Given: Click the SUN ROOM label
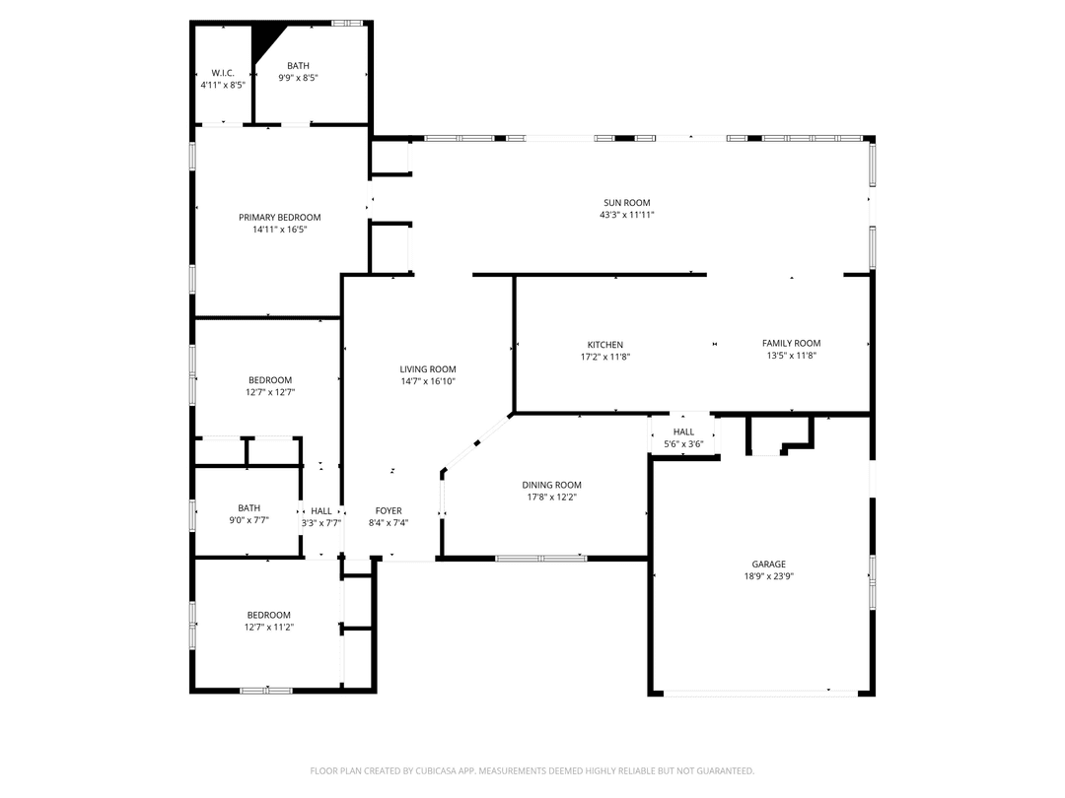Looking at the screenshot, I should [626, 203].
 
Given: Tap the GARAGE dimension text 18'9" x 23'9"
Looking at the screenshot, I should [769, 576].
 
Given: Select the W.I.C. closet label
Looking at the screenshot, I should [223, 73].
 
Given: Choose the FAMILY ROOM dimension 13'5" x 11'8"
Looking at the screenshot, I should [791, 356].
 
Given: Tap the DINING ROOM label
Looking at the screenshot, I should [551, 485].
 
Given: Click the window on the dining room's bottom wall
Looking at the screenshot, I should [540, 559].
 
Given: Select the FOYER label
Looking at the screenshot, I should [389, 510].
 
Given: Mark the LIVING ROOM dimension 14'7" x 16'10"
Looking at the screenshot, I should [428, 381].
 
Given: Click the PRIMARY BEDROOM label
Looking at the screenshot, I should [280, 218].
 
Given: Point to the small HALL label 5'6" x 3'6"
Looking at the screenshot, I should [683, 432].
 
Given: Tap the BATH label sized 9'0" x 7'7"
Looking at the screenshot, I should [248, 508].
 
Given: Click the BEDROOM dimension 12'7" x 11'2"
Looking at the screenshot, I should [269, 627].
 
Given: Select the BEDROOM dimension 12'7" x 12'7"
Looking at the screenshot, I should [270, 392].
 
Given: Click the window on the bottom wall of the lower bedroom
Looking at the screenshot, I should [266, 691].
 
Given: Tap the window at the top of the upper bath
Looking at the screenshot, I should [346, 23].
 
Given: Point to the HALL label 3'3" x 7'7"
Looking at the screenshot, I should [321, 510].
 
